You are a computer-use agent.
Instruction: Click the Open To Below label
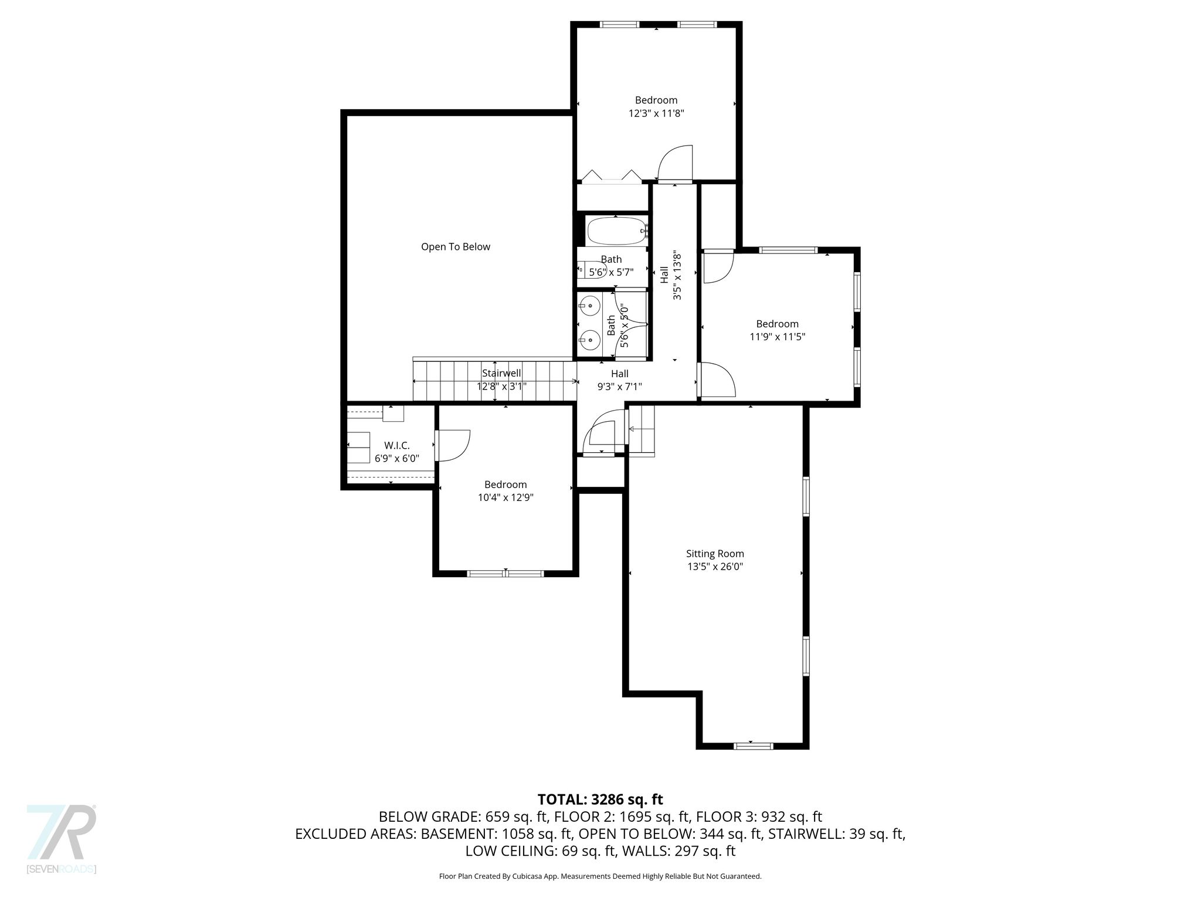[x=456, y=247]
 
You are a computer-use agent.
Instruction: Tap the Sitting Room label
[x=715, y=554]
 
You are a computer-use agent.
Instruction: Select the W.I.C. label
[x=397, y=446]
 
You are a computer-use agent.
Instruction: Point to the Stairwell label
[x=501, y=373]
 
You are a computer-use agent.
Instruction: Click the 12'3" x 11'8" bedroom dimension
[x=656, y=113]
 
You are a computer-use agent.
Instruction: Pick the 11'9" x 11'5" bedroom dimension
[x=778, y=337]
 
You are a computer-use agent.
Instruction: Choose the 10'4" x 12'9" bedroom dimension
[x=505, y=497]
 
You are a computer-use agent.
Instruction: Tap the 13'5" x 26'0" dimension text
[x=715, y=567]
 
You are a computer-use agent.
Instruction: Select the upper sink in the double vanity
[x=589, y=305]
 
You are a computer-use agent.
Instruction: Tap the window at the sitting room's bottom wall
[x=754, y=746]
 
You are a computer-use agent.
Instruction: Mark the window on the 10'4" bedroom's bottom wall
[x=505, y=573]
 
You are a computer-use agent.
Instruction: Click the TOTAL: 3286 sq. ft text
[x=600, y=799]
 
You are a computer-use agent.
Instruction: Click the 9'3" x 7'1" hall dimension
[x=620, y=387]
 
